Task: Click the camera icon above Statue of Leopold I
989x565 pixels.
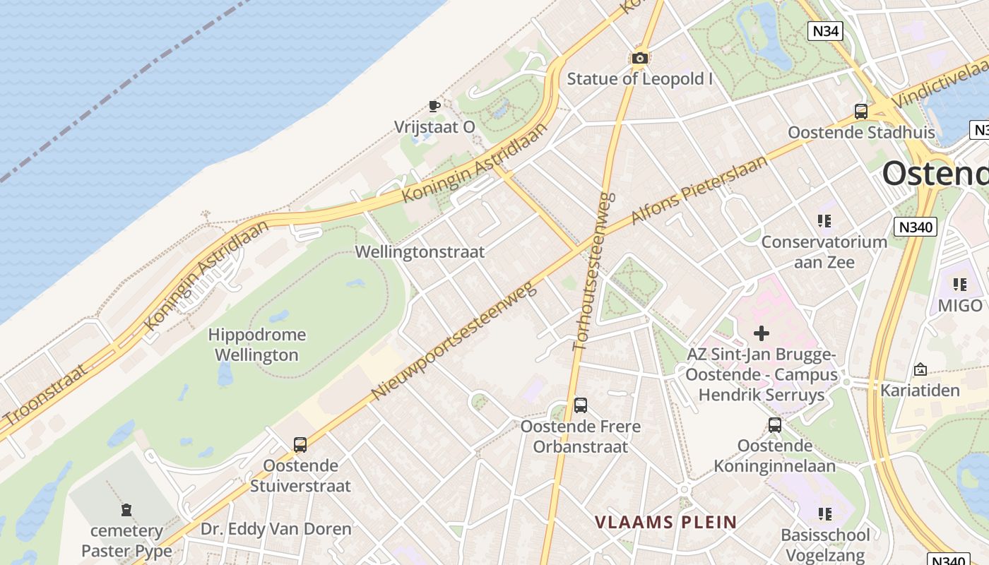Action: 640,58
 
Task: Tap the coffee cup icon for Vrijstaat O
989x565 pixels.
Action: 434,107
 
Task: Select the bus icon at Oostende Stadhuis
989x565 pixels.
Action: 860,112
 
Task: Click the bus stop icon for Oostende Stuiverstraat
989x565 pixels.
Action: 300,445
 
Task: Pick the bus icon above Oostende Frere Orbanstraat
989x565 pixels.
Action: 580,405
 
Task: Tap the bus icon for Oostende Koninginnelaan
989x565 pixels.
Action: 775,425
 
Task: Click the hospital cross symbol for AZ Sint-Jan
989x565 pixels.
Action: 762,333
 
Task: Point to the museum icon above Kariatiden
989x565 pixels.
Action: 920,369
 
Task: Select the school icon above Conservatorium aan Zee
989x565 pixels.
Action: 824,221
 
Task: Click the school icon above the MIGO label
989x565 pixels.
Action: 959,285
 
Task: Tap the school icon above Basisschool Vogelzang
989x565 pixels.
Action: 824,513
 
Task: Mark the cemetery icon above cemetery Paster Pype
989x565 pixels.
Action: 126,510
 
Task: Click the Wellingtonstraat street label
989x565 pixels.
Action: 420,252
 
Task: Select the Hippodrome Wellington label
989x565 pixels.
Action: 257,345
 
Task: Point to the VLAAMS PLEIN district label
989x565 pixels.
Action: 665,523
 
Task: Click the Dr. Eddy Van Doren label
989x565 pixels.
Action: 276,529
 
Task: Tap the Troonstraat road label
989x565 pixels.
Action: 44,401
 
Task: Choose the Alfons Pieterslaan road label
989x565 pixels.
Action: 699,190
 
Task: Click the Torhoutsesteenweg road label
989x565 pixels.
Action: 591,272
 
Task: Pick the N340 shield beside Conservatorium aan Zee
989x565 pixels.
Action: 915,227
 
